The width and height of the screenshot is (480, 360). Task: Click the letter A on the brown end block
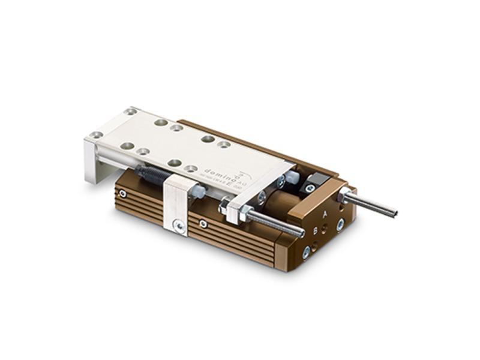click(x=325, y=214)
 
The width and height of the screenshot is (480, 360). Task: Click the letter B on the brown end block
click(x=316, y=229)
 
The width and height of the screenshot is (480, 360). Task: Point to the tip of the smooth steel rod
click(x=394, y=212)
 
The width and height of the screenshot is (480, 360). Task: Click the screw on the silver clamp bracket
click(x=179, y=225)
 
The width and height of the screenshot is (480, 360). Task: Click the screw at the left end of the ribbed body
click(x=122, y=193)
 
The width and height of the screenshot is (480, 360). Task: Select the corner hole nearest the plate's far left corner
click(x=131, y=111)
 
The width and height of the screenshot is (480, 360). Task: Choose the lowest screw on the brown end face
click(x=306, y=253)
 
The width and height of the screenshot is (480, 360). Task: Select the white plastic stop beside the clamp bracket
click(x=198, y=192)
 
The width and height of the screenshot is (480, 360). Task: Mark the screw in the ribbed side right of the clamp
click(x=204, y=224)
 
